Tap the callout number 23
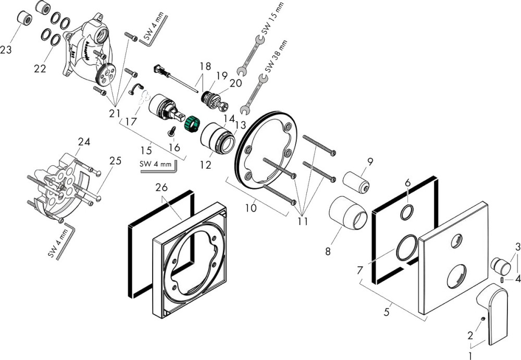(x=6, y=50)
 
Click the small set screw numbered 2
(x=483, y=319)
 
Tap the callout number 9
(x=369, y=162)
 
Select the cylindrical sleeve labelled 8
(x=348, y=213)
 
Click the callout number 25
(x=115, y=161)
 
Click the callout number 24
(x=84, y=142)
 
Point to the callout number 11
(x=302, y=221)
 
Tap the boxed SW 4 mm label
(x=156, y=165)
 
